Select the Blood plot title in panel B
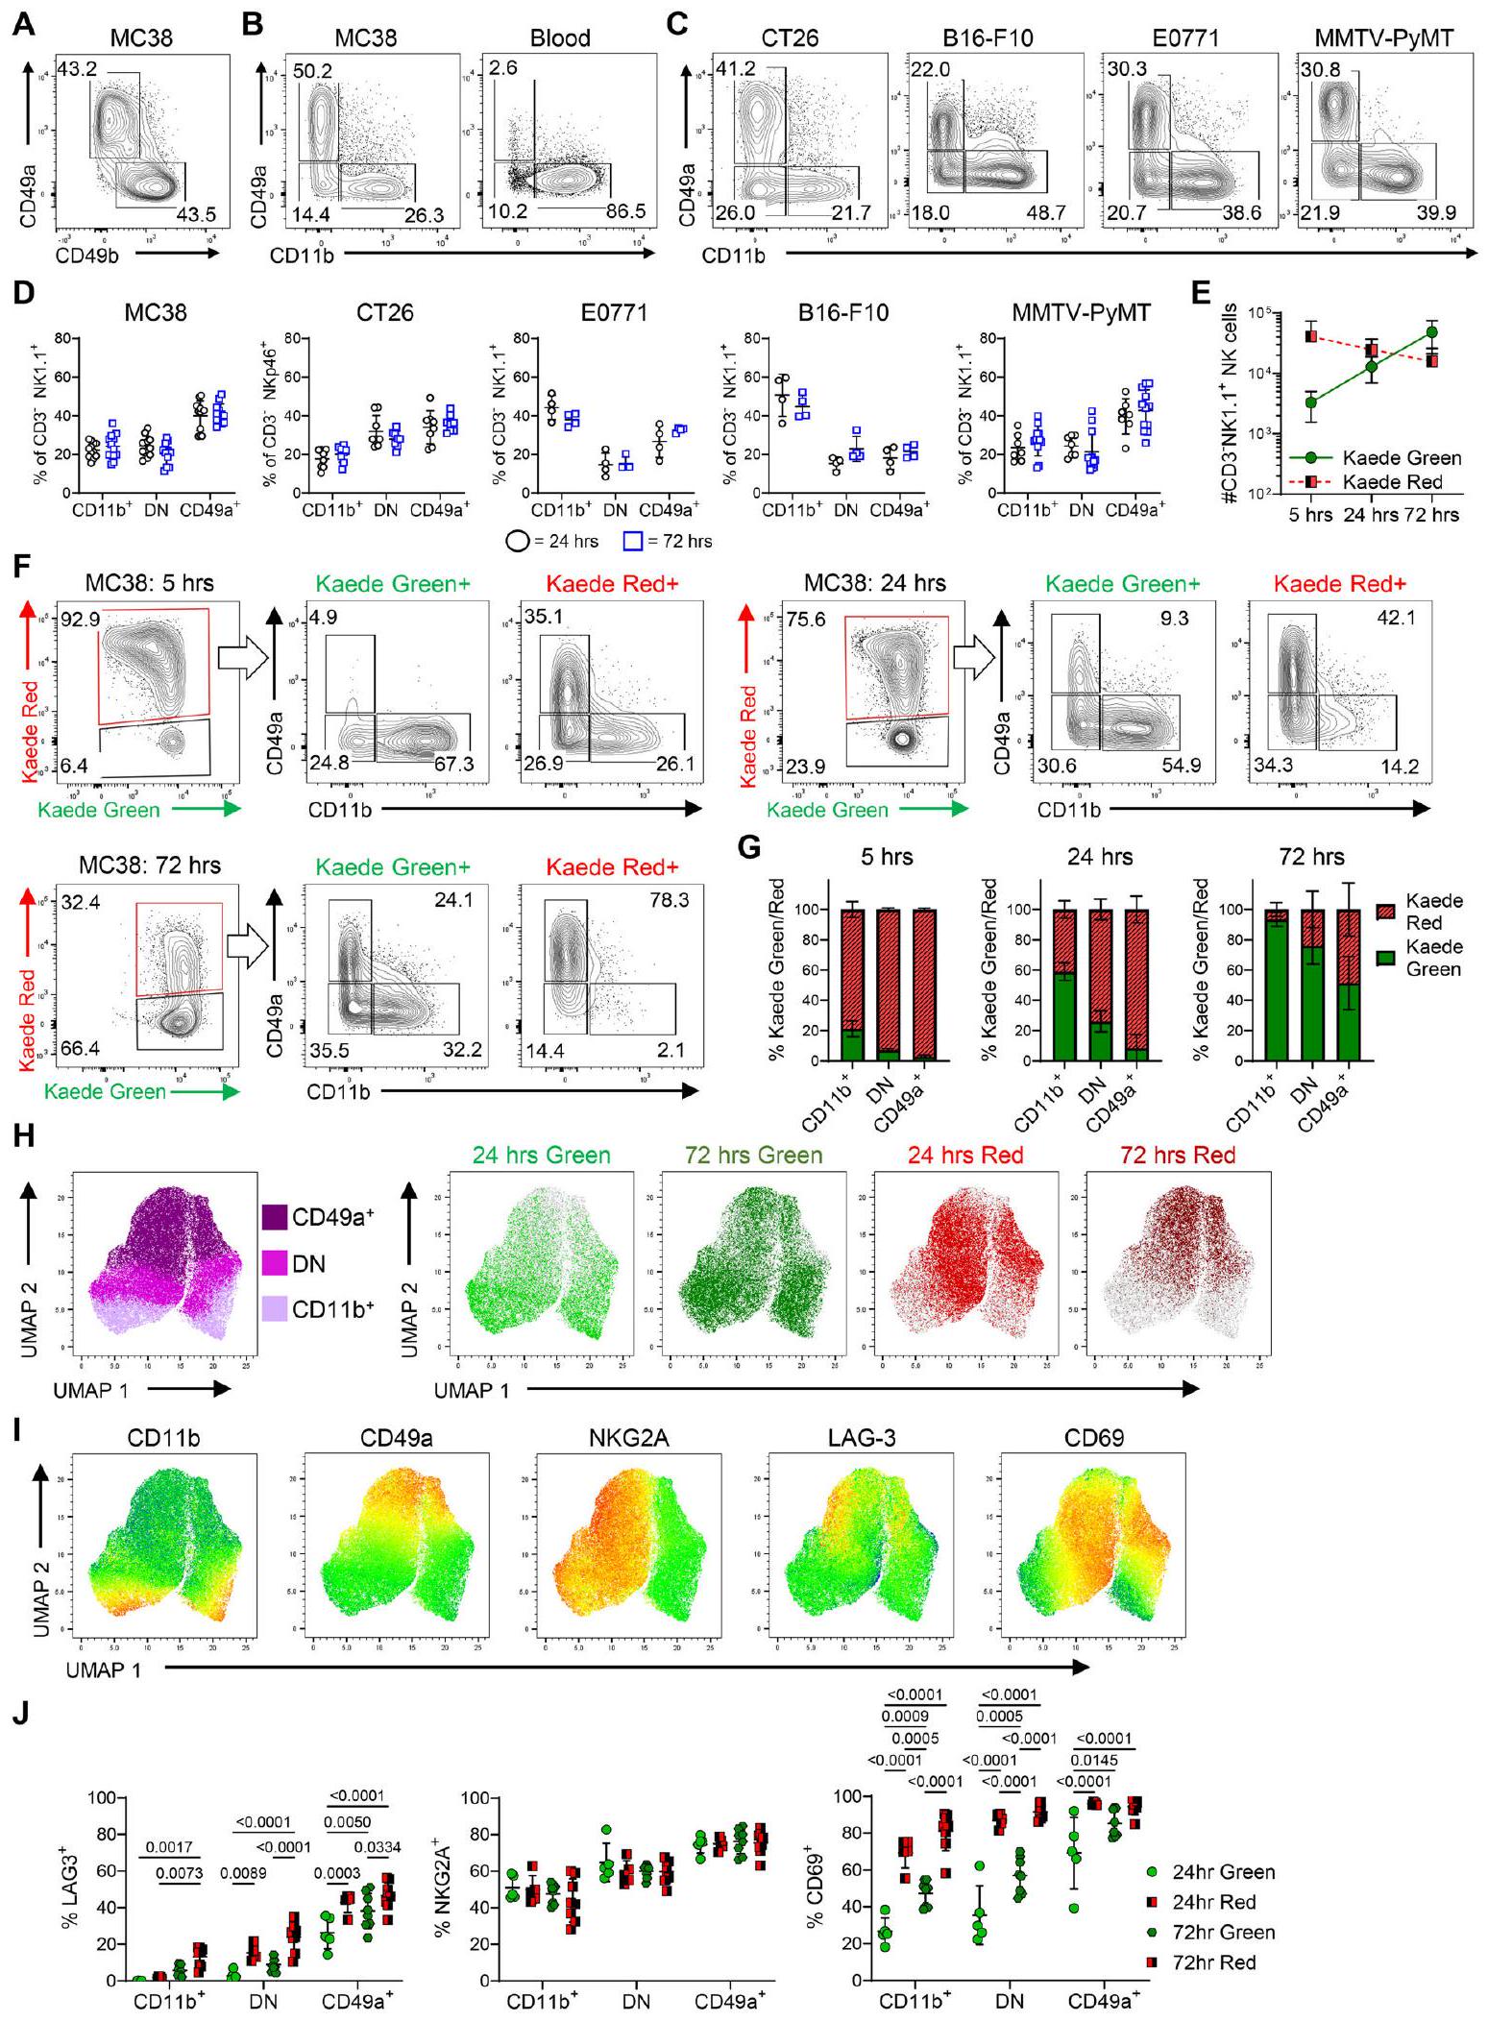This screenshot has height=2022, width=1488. (x=560, y=38)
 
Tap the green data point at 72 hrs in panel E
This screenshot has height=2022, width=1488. (x=1431, y=332)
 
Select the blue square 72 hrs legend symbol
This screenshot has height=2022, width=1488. (x=632, y=541)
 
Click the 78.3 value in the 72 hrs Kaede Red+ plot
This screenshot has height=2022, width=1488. (x=669, y=902)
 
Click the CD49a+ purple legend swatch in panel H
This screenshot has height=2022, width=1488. (x=274, y=1217)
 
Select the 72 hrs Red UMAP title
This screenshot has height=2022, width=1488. (x=1177, y=1155)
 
